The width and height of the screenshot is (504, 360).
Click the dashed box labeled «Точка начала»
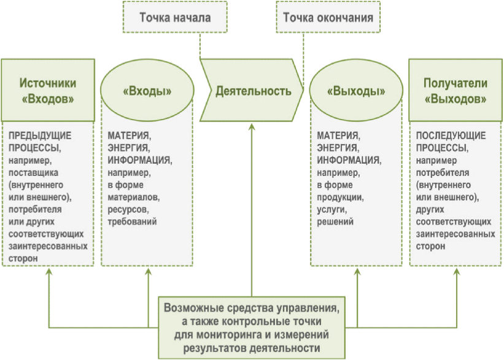point(175,17)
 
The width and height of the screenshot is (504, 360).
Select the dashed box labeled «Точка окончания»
point(328,17)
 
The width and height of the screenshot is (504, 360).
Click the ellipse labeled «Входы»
point(147,91)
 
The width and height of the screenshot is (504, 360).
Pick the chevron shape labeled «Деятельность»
point(252,91)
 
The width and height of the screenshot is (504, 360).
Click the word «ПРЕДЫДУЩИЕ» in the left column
point(38,136)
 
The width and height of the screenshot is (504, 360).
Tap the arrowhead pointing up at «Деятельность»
point(252,127)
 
